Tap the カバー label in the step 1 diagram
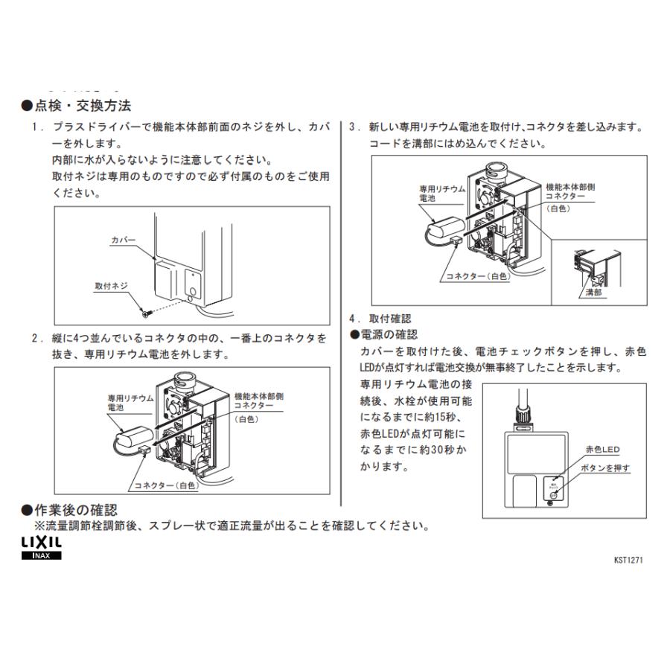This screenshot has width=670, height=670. (x=123, y=240)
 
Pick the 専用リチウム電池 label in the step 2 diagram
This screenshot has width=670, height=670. (x=130, y=403)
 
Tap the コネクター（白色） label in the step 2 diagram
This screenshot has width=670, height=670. (x=165, y=485)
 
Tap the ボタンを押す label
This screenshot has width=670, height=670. (x=605, y=468)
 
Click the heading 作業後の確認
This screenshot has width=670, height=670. (x=74, y=510)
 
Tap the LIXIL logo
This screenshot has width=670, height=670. (x=41, y=545)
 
